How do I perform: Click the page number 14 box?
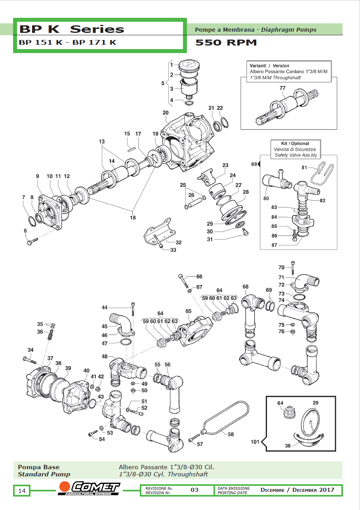click(22, 491)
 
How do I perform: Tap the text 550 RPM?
click(226, 43)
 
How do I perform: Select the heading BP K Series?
click(72, 29)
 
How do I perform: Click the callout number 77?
click(282, 88)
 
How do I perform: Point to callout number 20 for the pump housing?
click(166, 113)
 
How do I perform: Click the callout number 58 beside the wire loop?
click(230, 434)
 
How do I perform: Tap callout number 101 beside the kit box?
click(255, 442)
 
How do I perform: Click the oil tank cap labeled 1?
click(189, 66)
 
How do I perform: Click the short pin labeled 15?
click(131, 149)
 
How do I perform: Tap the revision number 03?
click(194, 490)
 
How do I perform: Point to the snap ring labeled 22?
click(224, 123)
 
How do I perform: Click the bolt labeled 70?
click(293, 268)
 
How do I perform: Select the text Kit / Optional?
click(295, 143)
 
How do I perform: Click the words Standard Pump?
click(44, 474)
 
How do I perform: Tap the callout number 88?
click(254, 164)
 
